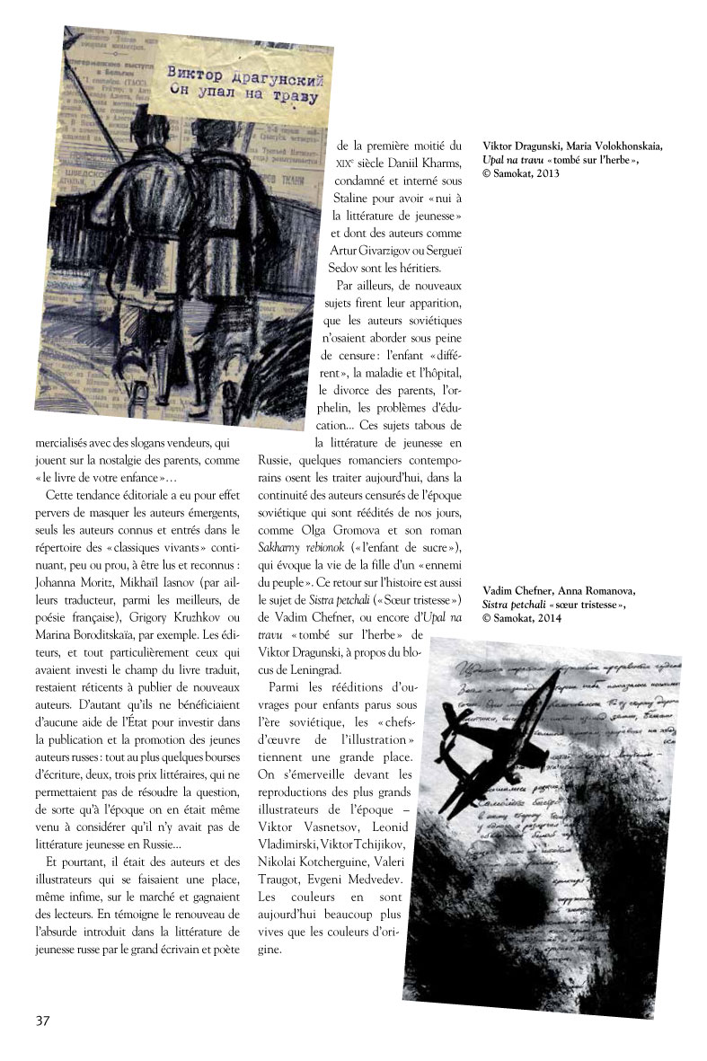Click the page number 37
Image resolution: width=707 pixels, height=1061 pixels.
[x=43, y=1020]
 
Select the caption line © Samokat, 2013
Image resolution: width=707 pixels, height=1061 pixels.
[x=521, y=173]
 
